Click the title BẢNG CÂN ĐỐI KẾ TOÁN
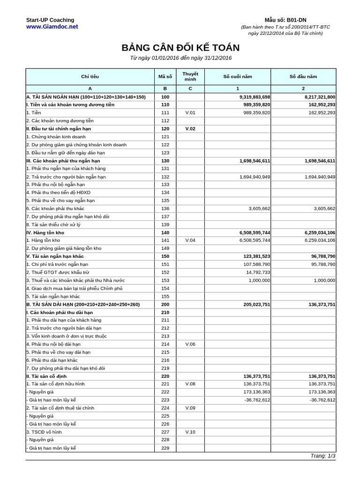click(180, 48)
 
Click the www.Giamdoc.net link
click(52, 27)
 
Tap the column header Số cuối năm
click(237, 76)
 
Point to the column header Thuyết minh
click(190, 76)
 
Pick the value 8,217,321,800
click(320, 97)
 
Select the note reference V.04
click(190, 240)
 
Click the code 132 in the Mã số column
click(165, 177)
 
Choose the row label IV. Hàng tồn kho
click(45, 232)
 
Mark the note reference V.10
click(190, 432)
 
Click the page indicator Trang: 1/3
click(322, 456)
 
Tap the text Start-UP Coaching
click(50, 20)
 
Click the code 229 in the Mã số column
click(165, 448)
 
